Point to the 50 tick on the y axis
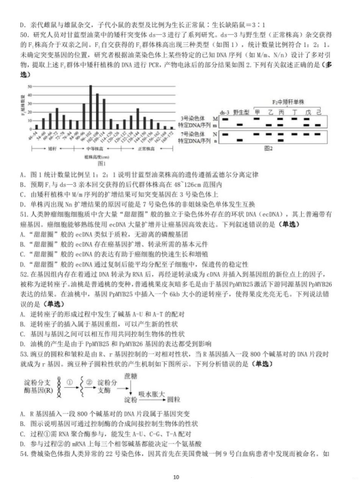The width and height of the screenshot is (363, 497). (x=29, y=86)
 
